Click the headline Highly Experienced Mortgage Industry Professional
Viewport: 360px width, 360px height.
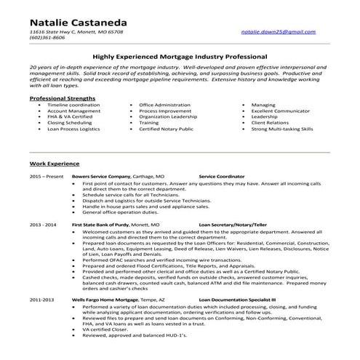click(180, 55)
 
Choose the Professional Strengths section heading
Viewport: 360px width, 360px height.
click(61, 98)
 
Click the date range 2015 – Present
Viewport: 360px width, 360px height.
click(45, 177)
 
